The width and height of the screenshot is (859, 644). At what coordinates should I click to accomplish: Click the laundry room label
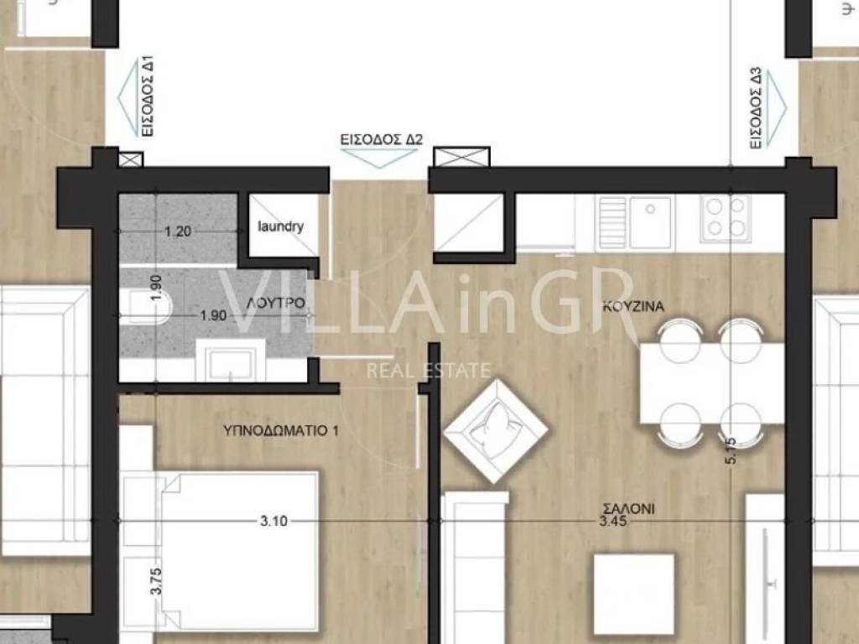tap(280, 226)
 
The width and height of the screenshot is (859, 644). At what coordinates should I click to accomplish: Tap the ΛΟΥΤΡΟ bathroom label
tap(275, 303)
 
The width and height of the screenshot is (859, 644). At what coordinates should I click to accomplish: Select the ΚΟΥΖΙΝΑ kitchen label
tap(633, 306)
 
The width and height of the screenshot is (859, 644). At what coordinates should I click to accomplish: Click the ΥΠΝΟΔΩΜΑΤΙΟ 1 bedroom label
tap(280, 430)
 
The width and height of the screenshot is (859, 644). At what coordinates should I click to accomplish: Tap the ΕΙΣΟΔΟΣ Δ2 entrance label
tap(382, 140)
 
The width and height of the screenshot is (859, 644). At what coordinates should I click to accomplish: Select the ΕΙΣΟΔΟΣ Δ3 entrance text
tap(756, 108)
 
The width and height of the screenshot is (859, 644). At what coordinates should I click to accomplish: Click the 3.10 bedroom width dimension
tap(273, 521)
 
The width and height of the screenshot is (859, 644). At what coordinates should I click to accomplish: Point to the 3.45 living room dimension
tap(612, 522)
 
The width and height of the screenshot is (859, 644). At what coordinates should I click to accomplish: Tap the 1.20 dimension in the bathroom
tap(178, 231)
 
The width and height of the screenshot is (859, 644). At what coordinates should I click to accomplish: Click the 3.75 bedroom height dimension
tap(156, 581)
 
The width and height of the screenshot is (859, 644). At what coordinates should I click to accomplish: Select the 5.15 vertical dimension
tap(731, 450)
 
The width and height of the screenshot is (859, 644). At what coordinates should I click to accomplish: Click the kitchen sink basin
tap(650, 221)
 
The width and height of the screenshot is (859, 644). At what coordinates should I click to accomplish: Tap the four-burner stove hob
tap(726, 218)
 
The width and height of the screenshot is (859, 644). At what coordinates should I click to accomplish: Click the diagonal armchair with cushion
tap(496, 431)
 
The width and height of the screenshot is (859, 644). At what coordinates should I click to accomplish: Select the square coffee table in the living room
tap(634, 595)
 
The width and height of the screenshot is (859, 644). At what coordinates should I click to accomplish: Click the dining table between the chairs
tap(712, 383)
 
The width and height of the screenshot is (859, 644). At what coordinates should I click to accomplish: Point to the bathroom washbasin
tap(231, 360)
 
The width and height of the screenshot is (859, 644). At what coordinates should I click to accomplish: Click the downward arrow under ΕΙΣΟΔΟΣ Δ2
tap(381, 158)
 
